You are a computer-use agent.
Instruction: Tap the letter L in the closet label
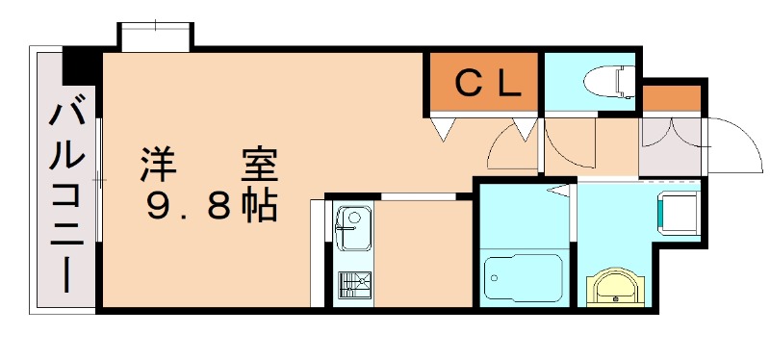pos(509,83)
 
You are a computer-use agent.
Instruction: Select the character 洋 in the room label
pos(157,165)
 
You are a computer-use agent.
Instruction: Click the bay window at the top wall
pos(155,38)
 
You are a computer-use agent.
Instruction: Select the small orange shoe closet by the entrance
pos(671,98)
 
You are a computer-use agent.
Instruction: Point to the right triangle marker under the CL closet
pos(525,127)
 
